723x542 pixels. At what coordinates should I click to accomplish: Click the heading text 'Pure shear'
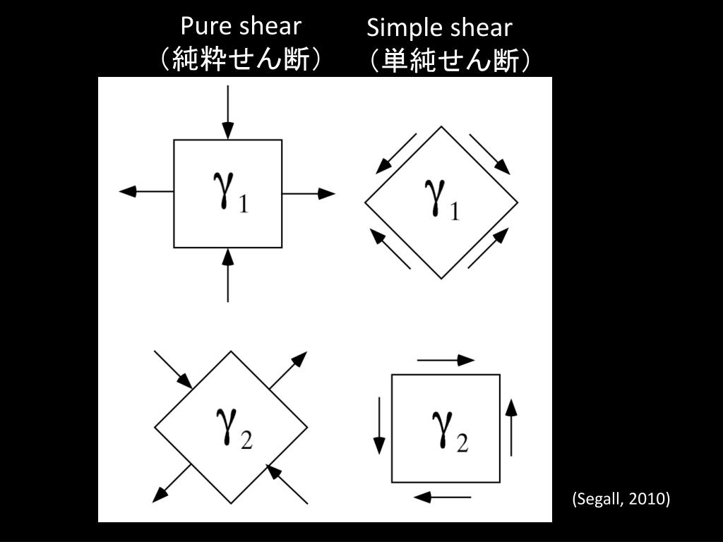pyautogui.click(x=241, y=26)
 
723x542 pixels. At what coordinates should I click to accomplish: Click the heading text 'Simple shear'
pyautogui.click(x=439, y=28)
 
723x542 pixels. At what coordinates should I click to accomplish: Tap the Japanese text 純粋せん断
pyautogui.click(x=241, y=59)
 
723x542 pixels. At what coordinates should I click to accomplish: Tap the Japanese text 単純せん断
pyautogui.click(x=449, y=61)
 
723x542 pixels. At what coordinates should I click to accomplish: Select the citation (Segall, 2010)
pyautogui.click(x=621, y=499)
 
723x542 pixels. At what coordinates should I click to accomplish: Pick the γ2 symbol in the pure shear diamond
pyautogui.click(x=232, y=428)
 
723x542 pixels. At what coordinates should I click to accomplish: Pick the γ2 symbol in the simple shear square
pyautogui.click(x=449, y=430)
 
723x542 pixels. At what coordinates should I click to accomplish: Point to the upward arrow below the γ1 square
pyautogui.click(x=227, y=275)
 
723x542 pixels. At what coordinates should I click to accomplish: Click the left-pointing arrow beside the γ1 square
pyautogui.click(x=146, y=191)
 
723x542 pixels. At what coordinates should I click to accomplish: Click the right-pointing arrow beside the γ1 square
pyautogui.click(x=309, y=193)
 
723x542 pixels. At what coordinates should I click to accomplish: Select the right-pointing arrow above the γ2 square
pyautogui.click(x=446, y=360)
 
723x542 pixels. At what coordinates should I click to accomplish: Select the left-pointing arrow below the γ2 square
pyautogui.click(x=443, y=498)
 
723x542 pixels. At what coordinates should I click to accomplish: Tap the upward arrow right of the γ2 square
pyautogui.click(x=511, y=427)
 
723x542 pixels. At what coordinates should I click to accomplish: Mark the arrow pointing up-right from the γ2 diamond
pyautogui.click(x=289, y=369)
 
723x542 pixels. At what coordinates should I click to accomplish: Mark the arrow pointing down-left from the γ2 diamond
pyautogui.click(x=172, y=483)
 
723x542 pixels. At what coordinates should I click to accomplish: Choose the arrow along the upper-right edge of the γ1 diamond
pyautogui.click(x=489, y=153)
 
